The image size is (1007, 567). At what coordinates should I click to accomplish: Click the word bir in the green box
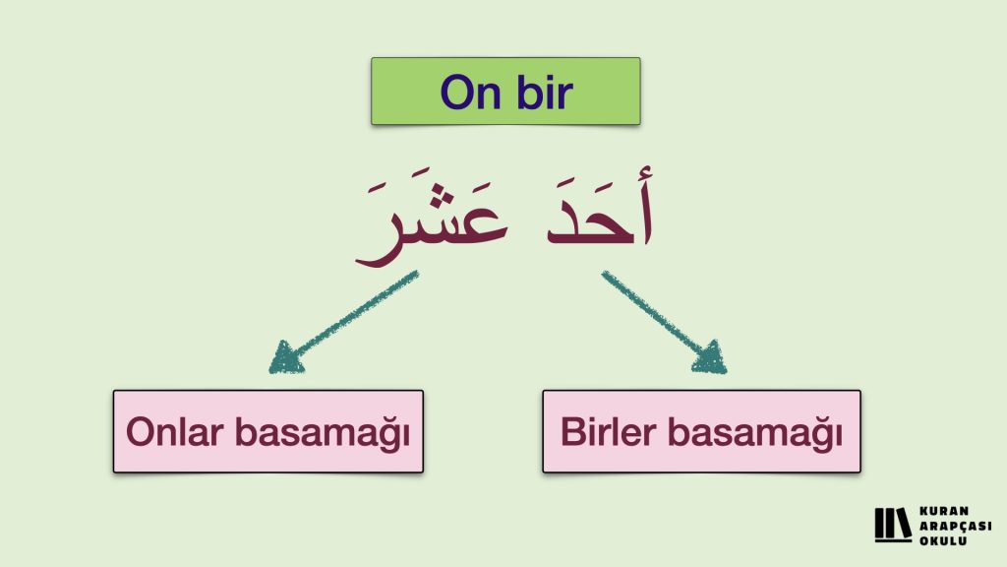tap(545, 91)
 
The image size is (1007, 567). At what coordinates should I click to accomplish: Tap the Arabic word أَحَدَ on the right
tap(600, 206)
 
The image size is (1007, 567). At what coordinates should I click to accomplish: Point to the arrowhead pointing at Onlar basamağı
tap(286, 357)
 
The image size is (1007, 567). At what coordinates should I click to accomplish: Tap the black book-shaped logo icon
tap(893, 526)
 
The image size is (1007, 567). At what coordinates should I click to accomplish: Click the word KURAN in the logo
tap(944, 512)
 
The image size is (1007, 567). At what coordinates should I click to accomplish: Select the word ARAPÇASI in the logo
tap(955, 527)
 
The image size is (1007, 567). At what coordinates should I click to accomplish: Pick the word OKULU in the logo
tap(943, 541)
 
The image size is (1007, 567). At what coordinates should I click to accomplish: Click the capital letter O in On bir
tap(456, 92)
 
